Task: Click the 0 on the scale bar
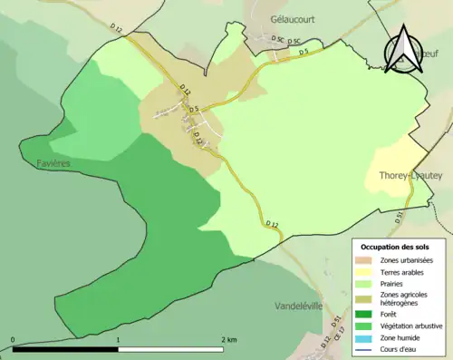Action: [x=13, y=339]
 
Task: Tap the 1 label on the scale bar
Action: [x=118, y=339]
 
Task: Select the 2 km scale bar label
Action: [x=228, y=339]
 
